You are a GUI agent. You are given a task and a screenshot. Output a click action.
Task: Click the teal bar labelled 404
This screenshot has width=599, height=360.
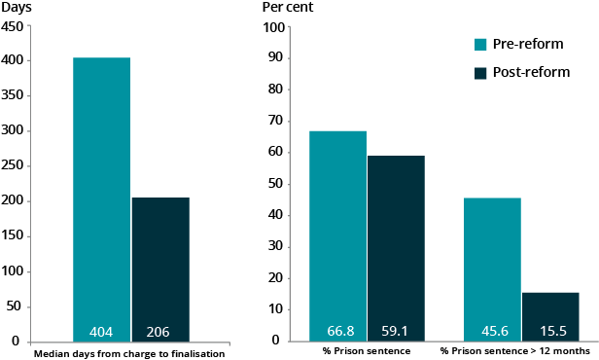point(101,195)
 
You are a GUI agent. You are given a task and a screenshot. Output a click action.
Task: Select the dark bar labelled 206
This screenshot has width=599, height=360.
point(160,263)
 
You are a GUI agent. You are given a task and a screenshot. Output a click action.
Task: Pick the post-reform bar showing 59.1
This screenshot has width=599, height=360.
point(396,243)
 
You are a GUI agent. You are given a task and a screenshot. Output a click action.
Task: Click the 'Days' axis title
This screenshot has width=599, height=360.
point(16,8)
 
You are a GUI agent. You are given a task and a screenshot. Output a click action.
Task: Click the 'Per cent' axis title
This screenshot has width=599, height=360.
point(289,8)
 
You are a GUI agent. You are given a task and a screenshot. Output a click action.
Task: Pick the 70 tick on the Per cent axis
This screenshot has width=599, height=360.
point(275,121)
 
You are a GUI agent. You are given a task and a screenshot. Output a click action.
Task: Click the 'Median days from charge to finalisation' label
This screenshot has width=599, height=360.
point(130,353)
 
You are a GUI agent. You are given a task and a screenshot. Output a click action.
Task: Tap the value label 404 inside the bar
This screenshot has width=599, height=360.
point(101,331)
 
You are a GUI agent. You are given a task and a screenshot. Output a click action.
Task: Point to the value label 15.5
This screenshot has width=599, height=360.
point(549,331)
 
